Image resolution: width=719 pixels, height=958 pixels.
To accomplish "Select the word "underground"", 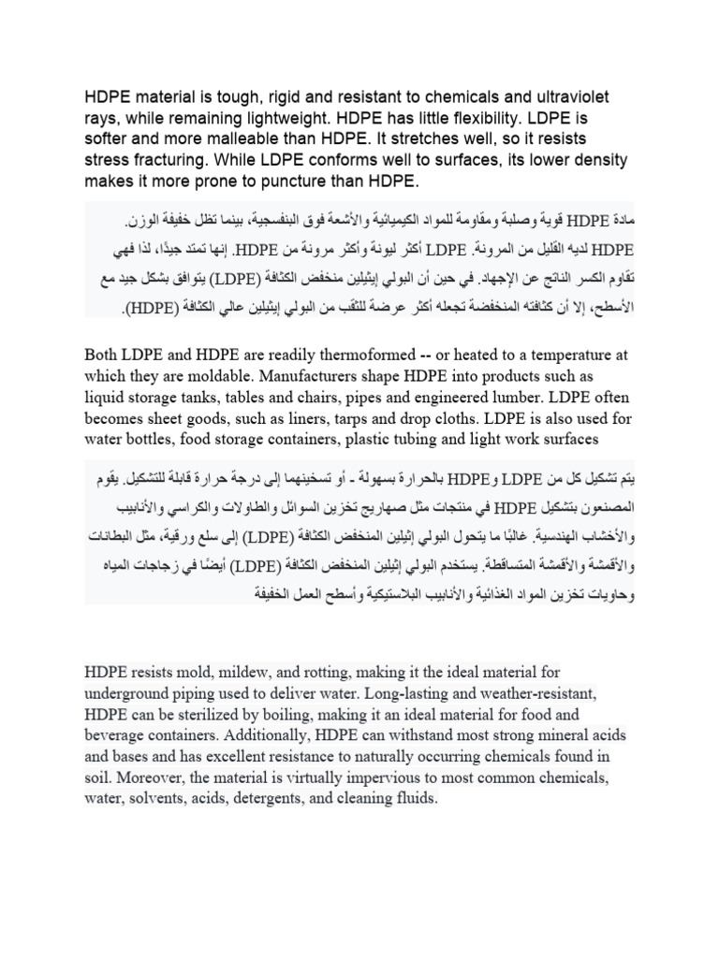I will point(129,693).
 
